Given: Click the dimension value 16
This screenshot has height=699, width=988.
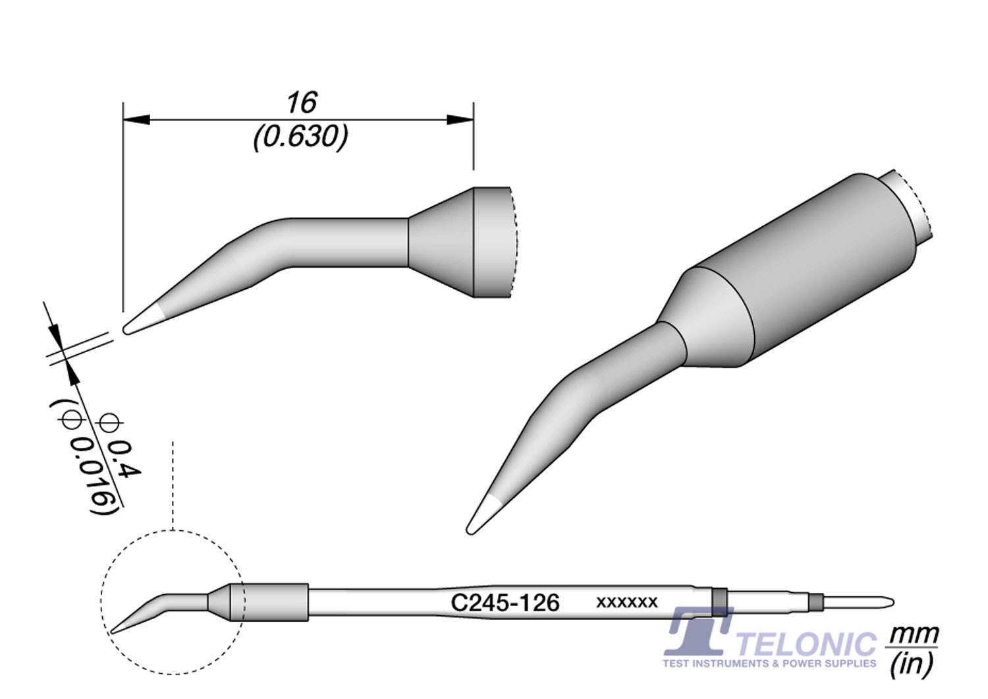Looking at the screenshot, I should (301, 103).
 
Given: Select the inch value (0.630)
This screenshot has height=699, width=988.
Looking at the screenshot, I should (300, 137).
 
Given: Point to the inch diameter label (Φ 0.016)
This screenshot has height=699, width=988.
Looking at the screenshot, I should (88, 456).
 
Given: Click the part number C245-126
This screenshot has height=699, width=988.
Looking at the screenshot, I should (505, 603).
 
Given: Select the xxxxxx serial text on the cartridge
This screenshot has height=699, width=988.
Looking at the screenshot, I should (626, 603).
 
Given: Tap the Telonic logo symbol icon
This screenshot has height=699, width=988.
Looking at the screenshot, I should (698, 631).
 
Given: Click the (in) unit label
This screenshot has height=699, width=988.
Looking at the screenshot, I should (912, 664).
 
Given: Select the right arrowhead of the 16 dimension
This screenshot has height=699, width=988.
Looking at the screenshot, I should (460, 120).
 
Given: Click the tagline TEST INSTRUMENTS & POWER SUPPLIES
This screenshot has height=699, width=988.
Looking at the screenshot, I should (769, 663).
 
